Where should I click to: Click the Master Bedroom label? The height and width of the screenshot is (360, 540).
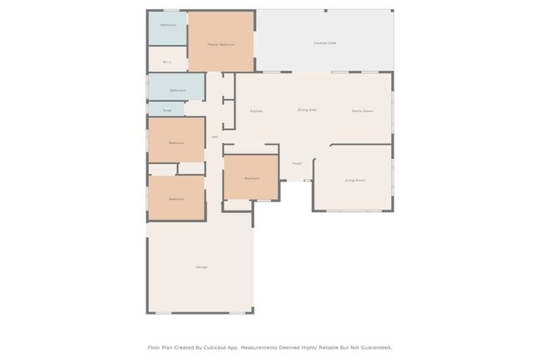point(220,44)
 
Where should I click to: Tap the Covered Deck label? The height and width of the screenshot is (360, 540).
point(324,43)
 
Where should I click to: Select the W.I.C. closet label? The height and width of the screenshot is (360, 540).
point(167,62)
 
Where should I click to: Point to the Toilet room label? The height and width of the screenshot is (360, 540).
point(167,110)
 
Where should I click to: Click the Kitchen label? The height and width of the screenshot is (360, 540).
point(257,111)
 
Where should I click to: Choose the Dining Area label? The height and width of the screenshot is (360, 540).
point(307,110)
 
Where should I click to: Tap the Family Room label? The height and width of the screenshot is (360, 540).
point(362,111)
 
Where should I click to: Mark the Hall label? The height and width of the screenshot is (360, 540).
point(214,136)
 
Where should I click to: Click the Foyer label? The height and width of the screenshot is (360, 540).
point(297,163)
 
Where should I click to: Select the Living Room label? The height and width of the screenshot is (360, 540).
point(355,180)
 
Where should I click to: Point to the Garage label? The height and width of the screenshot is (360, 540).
point(201,267)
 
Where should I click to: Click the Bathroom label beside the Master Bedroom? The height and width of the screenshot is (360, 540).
point(168,25)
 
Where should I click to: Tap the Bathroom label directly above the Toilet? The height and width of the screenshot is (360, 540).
point(177,90)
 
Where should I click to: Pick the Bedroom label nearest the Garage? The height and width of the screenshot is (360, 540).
point(176,199)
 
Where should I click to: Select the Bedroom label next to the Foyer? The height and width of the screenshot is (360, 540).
point(252,179)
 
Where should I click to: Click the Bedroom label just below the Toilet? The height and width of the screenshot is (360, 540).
point(176,143)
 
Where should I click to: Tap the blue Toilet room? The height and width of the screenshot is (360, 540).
point(166,109)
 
